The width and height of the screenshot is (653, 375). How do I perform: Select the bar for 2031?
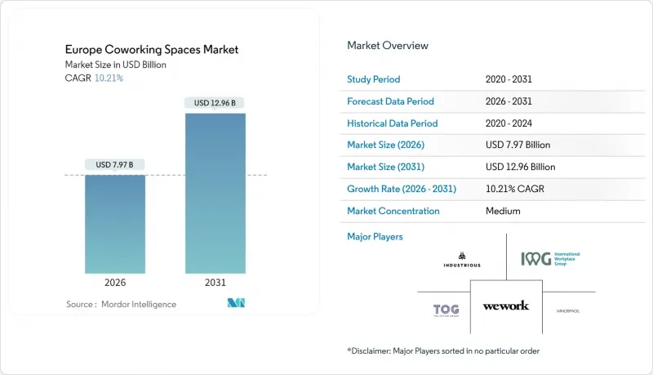(215, 193)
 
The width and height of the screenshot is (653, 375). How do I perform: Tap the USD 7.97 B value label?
(115, 164)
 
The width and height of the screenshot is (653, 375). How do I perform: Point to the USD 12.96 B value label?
(215, 103)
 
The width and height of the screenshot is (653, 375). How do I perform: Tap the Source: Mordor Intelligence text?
(121, 304)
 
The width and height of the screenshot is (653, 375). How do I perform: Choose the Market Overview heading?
(388, 46)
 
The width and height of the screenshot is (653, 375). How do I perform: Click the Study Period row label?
(375, 79)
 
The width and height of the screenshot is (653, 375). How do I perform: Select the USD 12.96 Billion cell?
(519, 167)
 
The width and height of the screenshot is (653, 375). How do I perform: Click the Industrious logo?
(462, 259)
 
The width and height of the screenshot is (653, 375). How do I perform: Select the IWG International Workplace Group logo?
(550, 259)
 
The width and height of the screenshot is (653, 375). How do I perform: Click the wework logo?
(505, 306)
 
